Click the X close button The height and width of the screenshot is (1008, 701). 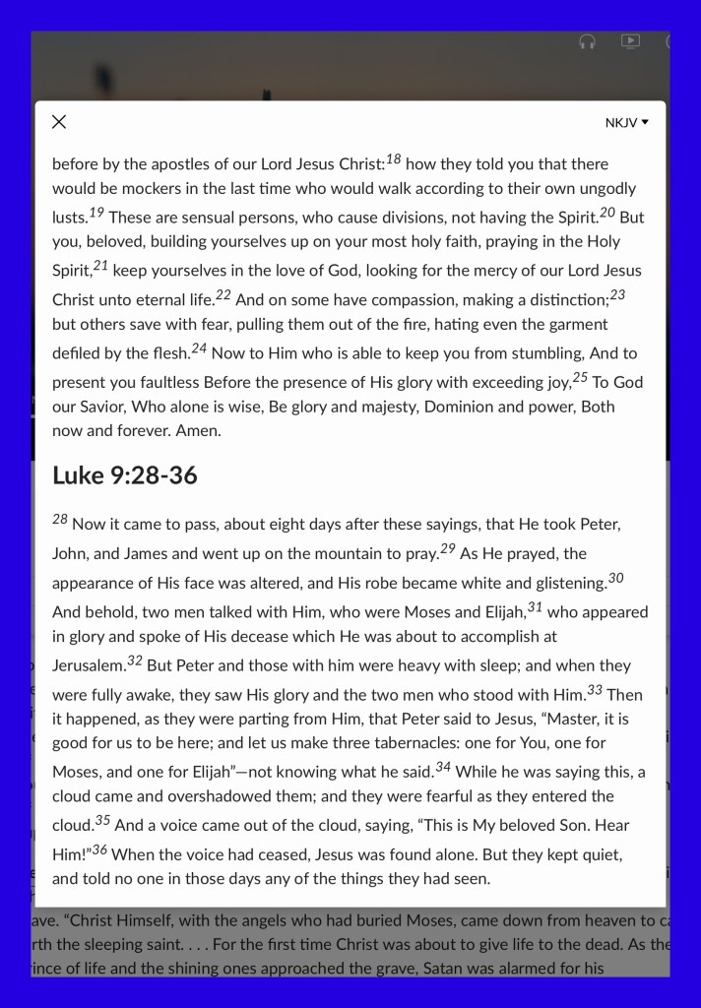point(59,122)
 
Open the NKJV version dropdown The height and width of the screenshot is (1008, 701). point(627,123)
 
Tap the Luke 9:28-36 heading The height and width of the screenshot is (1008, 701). point(124,475)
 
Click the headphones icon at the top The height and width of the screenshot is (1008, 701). point(587,42)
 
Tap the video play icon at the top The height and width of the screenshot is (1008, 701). point(630,41)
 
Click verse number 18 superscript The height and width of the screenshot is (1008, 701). point(393,158)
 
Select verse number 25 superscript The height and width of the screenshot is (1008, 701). point(580,376)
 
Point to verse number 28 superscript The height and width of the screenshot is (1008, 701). point(60,519)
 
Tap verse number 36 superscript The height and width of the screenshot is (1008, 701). point(99,849)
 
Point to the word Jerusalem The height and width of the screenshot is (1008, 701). point(88,665)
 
